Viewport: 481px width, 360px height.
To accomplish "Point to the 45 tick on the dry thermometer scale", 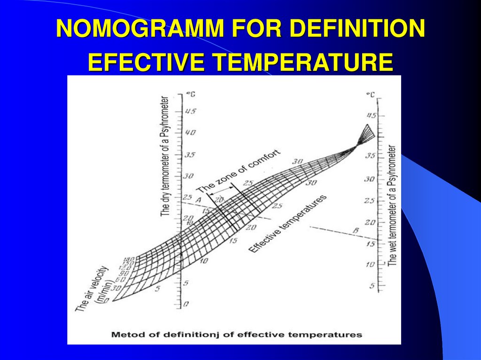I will [x=190, y=112].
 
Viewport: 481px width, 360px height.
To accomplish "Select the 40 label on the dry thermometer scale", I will [x=190, y=133].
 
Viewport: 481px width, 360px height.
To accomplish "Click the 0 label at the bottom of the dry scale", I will [x=186, y=305].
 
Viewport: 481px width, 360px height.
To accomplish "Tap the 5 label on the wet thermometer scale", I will [x=372, y=285].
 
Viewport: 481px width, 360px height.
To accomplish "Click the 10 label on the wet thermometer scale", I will [x=370, y=264].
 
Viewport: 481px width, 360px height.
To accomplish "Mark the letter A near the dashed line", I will [x=198, y=200].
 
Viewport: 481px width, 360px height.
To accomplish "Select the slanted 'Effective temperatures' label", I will [x=287, y=224].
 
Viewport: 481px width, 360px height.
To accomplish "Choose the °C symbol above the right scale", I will [x=371, y=95].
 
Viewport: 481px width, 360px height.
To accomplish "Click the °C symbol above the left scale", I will [x=191, y=94].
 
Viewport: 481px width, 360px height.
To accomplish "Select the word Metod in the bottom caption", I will [x=124, y=335].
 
